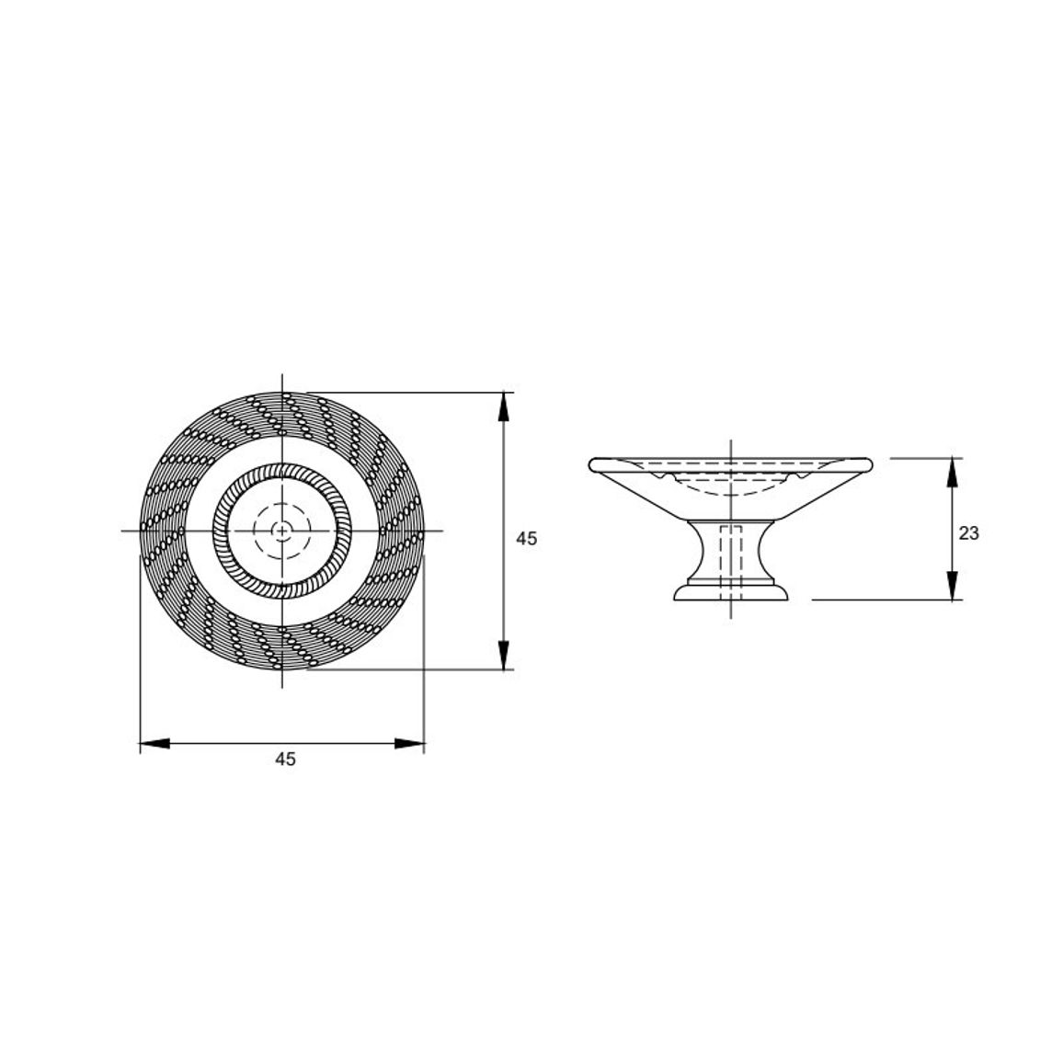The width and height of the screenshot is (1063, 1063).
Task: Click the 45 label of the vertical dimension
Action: [x=526, y=538]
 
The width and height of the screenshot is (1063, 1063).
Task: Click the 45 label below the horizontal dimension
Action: [x=285, y=759]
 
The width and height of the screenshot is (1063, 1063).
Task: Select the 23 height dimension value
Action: [x=969, y=533]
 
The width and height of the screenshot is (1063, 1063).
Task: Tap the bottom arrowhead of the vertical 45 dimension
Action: [x=503, y=655]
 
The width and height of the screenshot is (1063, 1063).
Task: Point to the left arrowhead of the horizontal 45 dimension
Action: [x=154, y=744]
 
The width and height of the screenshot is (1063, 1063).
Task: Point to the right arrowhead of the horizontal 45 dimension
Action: [x=409, y=744]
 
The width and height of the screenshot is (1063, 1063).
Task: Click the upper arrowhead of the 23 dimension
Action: [x=953, y=473]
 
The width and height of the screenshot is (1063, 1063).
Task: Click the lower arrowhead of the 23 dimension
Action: [x=953, y=586]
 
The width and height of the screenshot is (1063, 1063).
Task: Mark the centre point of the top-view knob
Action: [x=282, y=531]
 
